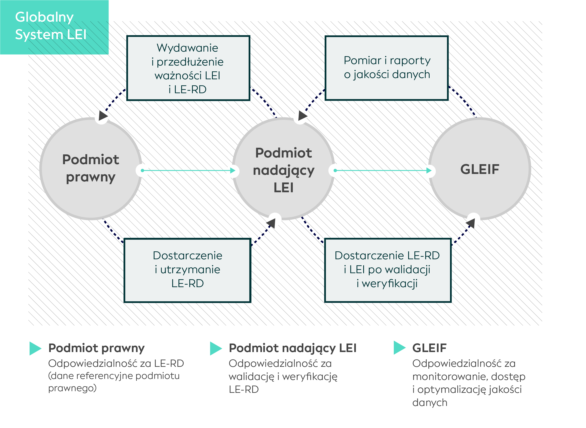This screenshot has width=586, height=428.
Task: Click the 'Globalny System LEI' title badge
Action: [54, 27]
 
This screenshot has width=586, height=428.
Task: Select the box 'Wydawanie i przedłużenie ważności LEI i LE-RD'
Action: [188, 68]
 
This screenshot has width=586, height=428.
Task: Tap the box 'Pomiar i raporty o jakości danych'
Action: [387, 68]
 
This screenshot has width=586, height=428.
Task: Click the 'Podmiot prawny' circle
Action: [91, 169]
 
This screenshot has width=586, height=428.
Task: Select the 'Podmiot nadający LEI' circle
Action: [283, 169]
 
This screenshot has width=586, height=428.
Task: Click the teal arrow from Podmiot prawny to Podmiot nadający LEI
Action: [188, 170]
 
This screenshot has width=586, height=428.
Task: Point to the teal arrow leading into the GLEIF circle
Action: [383, 170]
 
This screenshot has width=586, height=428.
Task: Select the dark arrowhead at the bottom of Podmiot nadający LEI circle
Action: [271, 223]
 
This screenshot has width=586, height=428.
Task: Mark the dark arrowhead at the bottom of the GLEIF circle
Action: [471, 223]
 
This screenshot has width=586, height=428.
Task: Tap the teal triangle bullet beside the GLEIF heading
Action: [400, 348]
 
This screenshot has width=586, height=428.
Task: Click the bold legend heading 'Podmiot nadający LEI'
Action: [293, 348]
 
